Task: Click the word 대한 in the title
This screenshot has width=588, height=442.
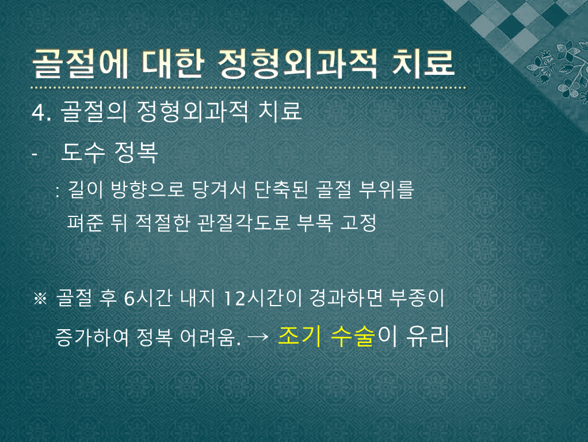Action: pos(173,64)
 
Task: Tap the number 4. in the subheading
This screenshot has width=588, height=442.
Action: pos(41,112)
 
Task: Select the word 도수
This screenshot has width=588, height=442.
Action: pos(83,153)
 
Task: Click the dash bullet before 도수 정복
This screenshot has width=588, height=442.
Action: pos(35,154)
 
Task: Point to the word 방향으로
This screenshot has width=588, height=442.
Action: pos(147,189)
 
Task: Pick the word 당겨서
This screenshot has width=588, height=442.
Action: pos(219,189)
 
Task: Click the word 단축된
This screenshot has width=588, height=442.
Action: pos(281,189)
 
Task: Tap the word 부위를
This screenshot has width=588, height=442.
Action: pos(386,189)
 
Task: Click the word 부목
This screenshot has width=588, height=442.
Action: pos(315,223)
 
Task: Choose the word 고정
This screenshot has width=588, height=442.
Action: pos(358,223)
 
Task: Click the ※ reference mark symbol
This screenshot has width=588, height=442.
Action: pos(40,299)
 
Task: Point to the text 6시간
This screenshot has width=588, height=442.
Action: pos(148,298)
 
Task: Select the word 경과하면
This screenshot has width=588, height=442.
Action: pos(346,298)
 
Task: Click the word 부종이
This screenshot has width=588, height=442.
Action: pos(417,298)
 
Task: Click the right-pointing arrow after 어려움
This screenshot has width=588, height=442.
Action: pos(258,337)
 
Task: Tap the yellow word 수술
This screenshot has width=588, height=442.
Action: pos(353,336)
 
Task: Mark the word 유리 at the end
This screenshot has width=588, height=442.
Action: pos(428,336)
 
